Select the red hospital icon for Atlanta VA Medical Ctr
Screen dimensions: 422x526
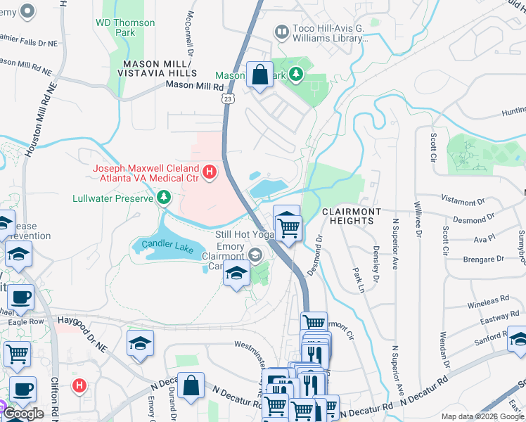pyautogui.click(x=209, y=171)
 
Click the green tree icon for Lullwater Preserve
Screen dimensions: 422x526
pyautogui.click(x=164, y=198)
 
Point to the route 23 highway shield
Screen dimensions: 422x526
pyautogui.click(x=227, y=99)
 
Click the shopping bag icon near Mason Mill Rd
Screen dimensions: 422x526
pyautogui.click(x=260, y=75)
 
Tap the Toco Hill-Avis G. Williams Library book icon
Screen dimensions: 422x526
pyautogui.click(x=281, y=32)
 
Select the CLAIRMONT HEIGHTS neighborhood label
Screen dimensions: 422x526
pyautogui.click(x=352, y=216)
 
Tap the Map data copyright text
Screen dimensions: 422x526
pyautogui.click(x=482, y=416)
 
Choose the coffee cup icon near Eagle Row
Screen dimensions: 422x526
pyautogui.click(x=21, y=296)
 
